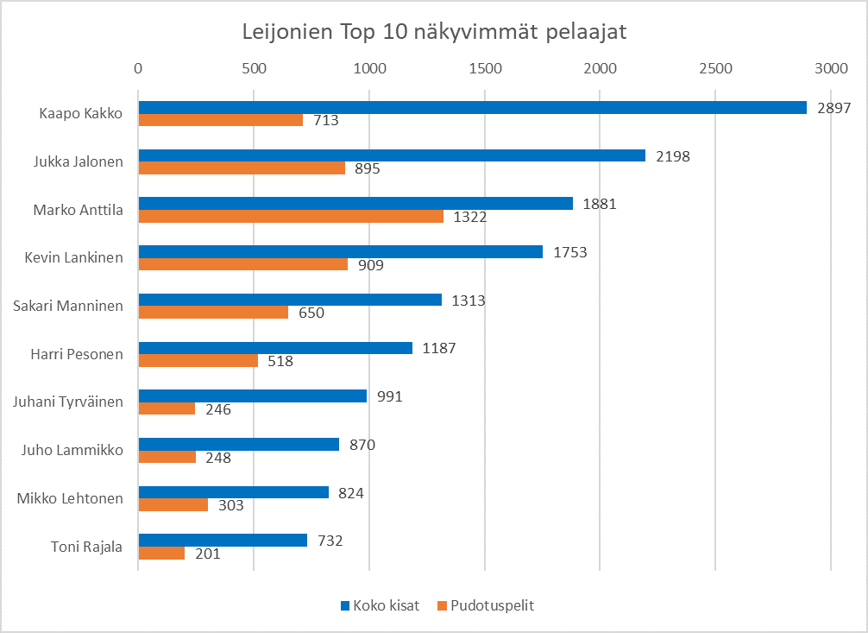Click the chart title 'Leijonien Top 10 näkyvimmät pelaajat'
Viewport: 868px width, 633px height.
(433, 33)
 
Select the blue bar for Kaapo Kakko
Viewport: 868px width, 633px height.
(472, 108)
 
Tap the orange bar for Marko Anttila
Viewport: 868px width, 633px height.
(291, 217)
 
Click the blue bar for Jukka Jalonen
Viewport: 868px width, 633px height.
(392, 155)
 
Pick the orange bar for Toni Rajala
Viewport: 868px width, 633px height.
(161, 554)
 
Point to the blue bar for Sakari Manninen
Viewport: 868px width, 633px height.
(290, 300)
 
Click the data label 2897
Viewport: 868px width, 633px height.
(833, 108)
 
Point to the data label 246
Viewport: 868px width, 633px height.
(217, 409)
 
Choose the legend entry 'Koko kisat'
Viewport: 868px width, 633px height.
(380, 605)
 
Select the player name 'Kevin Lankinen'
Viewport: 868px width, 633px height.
(73, 257)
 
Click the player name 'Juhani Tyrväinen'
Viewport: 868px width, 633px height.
(68, 402)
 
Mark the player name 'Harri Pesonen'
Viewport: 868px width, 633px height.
(76, 354)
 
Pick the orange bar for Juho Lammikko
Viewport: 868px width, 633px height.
(167, 457)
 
